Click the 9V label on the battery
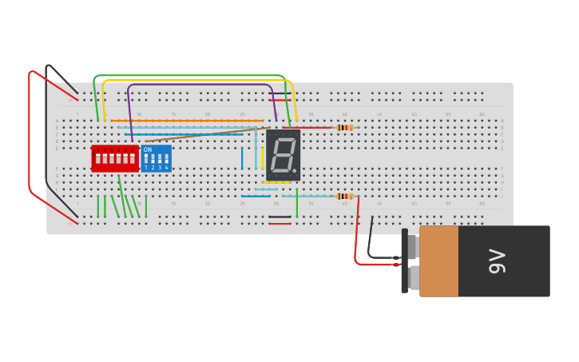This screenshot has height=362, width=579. pos(497,261)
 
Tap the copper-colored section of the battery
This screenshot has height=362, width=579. pos(438,261)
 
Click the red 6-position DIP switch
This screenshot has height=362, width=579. pos(114,158)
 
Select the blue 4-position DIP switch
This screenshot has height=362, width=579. pos(157,159)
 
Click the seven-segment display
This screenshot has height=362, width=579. pos(283,155)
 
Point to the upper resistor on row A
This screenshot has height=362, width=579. pos(344,127)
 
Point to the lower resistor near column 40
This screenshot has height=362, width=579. pos(344,196)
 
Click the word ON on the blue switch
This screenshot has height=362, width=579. pos(148,149)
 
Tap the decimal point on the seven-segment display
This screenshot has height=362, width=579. pos(294,170)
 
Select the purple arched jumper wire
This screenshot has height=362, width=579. pos(200,85)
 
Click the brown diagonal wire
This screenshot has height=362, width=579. pos(208,133)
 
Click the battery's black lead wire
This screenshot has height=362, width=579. pos(371,240)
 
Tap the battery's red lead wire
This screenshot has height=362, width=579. pos(356,240)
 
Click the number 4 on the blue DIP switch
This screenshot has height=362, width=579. pos(166,168)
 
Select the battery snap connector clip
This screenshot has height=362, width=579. pos(405,261)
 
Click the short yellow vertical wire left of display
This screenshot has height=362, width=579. pos(262,158)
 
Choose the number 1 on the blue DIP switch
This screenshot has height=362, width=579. pos(146,168)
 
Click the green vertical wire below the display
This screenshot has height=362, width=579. pos(297,203)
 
